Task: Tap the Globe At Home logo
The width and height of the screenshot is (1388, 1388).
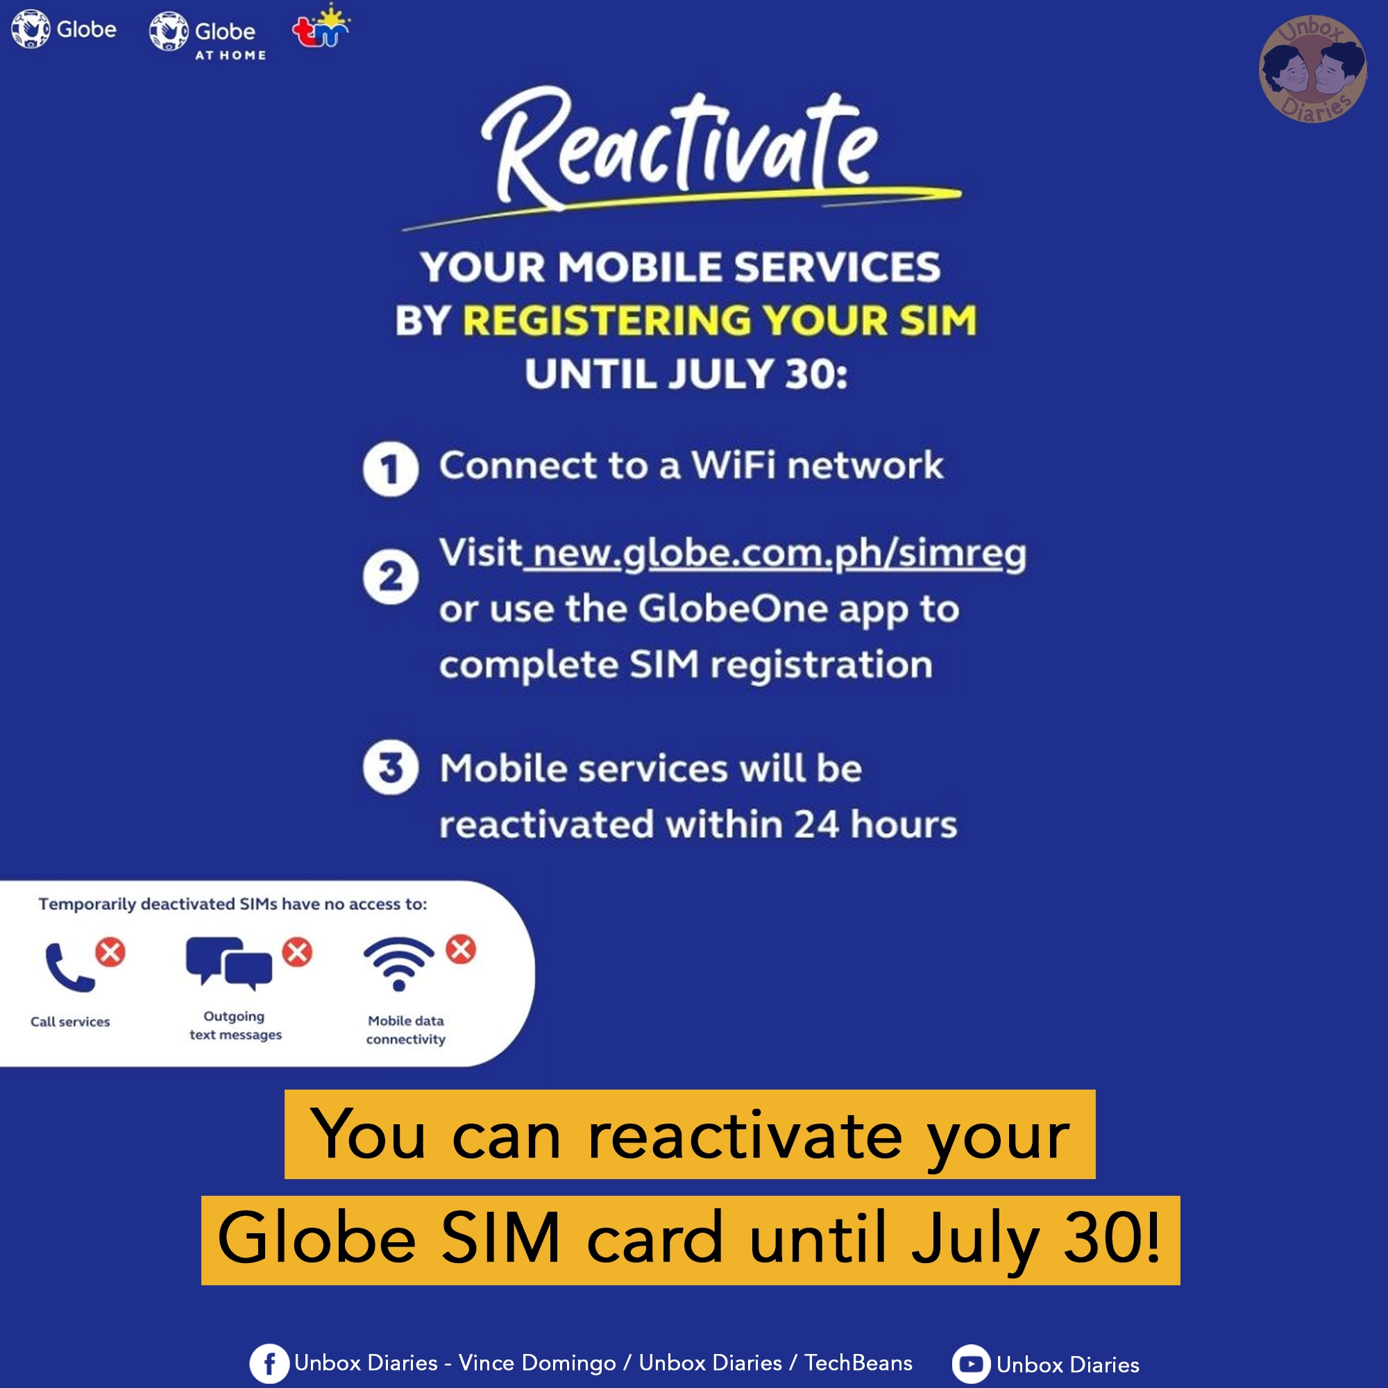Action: pos(208,35)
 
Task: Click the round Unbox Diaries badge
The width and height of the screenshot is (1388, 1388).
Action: pos(1312,69)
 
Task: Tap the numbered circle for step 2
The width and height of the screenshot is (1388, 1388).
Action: pos(390,577)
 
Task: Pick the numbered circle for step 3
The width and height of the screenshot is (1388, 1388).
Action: pos(390,768)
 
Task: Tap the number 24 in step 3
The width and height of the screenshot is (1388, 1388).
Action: pos(816,824)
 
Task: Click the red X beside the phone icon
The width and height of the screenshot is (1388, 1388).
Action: pos(110,953)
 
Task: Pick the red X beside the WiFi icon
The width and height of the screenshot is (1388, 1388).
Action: pos(461,949)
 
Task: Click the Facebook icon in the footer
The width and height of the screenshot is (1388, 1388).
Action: pos(269,1364)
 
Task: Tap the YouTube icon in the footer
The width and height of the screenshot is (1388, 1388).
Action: pos(971,1364)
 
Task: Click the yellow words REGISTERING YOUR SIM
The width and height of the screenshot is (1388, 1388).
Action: pos(718,321)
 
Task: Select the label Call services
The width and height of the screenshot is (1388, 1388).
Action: pos(70,1022)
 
